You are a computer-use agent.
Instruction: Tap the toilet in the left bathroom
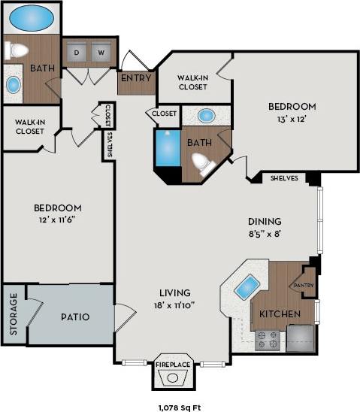point(17,51)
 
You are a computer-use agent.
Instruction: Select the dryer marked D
point(79,52)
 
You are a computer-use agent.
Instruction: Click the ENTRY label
point(135,78)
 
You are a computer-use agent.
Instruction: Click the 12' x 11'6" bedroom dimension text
point(57,221)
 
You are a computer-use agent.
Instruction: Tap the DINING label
point(265,222)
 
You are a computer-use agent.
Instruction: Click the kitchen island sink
point(247,286)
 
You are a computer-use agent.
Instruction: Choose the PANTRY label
point(303,285)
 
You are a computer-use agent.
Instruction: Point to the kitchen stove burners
point(267,341)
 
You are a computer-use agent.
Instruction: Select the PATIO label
point(74,317)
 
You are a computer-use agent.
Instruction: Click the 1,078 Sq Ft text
point(180,406)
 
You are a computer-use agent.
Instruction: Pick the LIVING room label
point(174,292)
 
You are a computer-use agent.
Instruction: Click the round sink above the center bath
point(208,116)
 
